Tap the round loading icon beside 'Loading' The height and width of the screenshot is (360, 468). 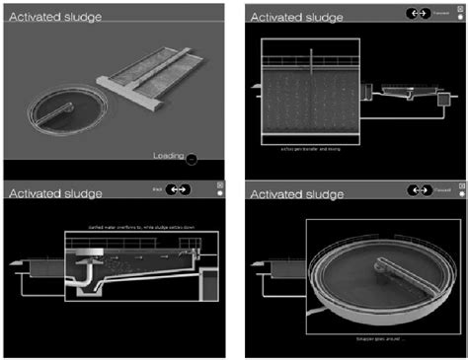(192, 158)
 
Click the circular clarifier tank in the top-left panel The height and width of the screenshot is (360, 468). (70, 108)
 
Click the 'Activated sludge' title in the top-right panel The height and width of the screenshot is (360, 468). (296, 17)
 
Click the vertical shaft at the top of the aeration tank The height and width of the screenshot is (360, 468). (313, 56)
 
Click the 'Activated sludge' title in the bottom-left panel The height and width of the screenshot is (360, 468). (49, 193)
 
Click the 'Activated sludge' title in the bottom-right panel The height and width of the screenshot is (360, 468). (296, 193)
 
